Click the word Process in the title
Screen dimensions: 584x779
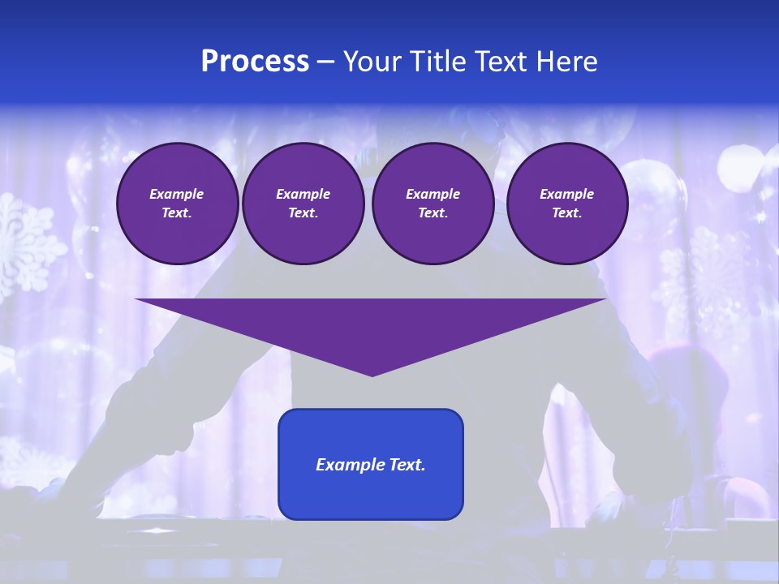point(255,62)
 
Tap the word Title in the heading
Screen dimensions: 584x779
point(436,62)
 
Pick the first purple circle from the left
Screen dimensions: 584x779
point(178,204)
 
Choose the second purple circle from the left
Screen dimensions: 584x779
point(303,204)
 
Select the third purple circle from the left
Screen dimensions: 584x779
point(433,204)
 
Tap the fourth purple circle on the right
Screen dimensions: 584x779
point(566,204)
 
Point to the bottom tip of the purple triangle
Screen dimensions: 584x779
point(372,374)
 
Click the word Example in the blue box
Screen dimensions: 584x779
point(347,465)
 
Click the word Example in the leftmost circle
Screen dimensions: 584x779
point(177,194)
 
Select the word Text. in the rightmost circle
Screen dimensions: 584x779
point(566,213)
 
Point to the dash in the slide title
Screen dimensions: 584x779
point(325,62)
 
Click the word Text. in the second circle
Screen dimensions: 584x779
point(303,213)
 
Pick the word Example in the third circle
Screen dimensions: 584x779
point(433,194)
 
